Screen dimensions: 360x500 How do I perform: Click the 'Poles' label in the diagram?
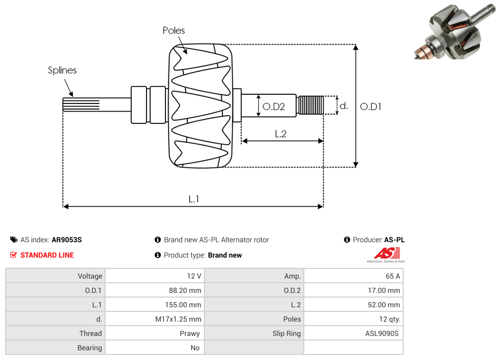coord(174,31)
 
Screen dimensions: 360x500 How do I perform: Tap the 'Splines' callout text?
coord(62,70)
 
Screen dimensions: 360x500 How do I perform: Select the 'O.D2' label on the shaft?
coord(273,107)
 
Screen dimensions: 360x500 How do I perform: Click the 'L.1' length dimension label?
coord(194,199)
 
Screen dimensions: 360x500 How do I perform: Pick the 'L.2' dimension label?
coord(280,134)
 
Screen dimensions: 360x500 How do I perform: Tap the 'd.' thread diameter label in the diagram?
coord(344,106)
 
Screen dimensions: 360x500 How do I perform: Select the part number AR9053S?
coord(67,240)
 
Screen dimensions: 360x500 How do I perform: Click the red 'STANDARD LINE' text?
coord(47,255)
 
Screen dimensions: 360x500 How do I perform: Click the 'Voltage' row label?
coord(90,276)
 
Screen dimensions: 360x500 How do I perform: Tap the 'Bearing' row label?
coord(90,348)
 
